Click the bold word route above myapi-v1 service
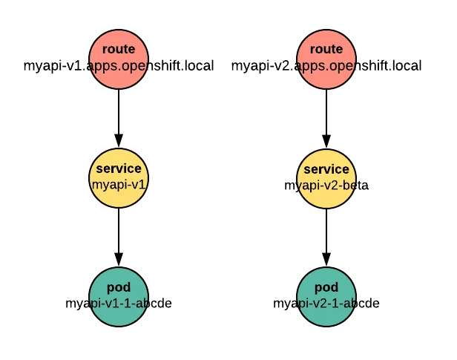(119, 50)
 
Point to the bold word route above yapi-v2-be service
(326, 50)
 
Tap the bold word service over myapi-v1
(119, 169)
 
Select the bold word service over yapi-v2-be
(326, 169)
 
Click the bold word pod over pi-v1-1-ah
(119, 288)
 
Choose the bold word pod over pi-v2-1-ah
(326, 288)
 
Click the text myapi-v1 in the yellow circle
(119, 184)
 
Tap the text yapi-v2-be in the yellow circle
(326, 184)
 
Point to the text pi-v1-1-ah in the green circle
(119, 303)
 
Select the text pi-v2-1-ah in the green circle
(326, 303)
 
